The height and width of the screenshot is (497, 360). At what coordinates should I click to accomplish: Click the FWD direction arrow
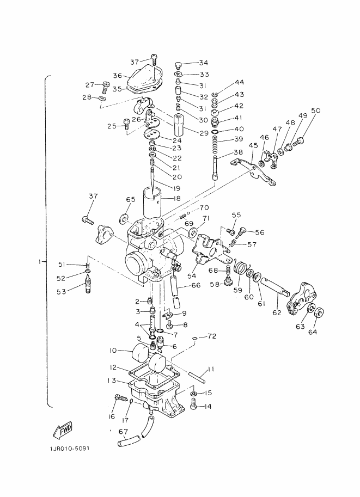click(63, 430)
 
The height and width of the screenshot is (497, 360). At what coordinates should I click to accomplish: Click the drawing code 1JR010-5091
click(70, 449)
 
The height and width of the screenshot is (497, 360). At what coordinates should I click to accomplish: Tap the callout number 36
click(118, 76)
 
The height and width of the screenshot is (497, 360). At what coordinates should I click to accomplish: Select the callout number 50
click(315, 111)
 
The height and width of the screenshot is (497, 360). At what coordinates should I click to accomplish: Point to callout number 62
click(277, 312)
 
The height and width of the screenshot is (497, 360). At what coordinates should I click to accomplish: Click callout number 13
click(111, 381)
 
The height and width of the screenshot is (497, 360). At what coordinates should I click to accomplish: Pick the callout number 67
click(123, 431)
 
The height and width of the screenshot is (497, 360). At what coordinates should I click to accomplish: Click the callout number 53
click(62, 292)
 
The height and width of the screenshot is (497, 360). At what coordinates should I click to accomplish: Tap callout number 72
click(212, 336)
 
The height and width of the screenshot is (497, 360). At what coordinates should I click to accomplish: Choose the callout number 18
click(176, 199)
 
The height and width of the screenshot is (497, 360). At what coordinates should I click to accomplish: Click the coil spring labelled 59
click(242, 270)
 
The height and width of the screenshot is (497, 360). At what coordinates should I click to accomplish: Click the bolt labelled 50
click(297, 141)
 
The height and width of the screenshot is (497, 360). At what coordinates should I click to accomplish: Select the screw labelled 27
click(105, 87)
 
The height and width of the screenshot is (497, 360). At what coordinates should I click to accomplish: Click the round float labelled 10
click(140, 351)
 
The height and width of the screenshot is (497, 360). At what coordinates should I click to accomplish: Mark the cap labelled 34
click(178, 65)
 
